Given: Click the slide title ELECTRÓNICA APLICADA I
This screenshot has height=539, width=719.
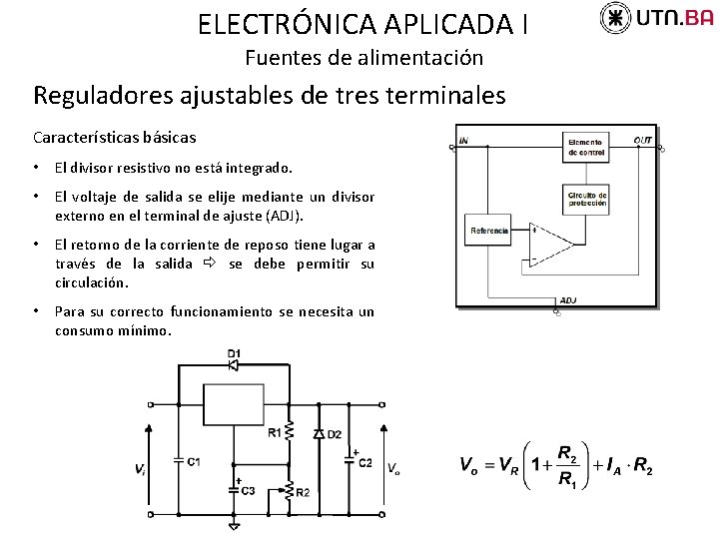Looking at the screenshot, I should coord(363,23).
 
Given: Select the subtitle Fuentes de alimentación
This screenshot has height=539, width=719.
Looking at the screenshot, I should coord(363,58).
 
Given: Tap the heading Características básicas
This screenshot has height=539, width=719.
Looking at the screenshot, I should coord(115,137).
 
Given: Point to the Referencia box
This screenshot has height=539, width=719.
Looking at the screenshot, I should coord(489,231).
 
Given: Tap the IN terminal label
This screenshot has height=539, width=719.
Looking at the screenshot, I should coord(463,140).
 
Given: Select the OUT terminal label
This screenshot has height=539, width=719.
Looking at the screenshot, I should coord(642,140).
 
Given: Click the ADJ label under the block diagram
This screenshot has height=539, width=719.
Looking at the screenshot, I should coord(568,299).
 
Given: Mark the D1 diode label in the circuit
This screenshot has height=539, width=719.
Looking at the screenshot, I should coord(234,352).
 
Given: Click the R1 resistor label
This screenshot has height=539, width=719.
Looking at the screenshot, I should coord(275,432).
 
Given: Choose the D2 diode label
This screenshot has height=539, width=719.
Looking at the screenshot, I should coord(334,433).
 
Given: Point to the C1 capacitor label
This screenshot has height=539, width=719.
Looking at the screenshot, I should coord(193,462).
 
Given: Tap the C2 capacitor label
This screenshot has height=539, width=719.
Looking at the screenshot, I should coord(365,463).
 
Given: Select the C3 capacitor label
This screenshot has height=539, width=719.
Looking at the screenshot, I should coord(248,491).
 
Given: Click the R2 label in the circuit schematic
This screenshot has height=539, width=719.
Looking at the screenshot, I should coord(303,493).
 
